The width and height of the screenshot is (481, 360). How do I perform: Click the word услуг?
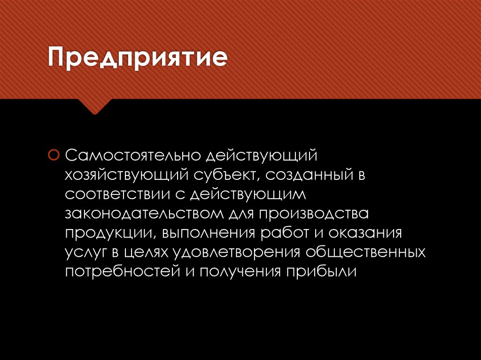click(85, 253)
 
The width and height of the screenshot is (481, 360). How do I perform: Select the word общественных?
click(365, 253)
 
